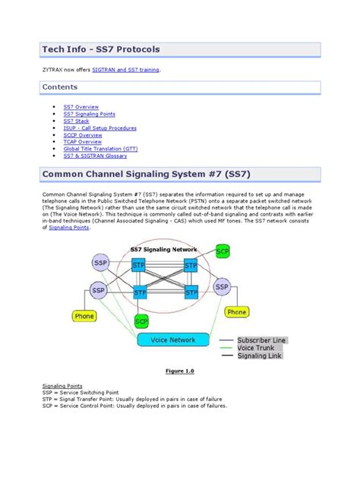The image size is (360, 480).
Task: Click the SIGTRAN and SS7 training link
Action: [x=126, y=69]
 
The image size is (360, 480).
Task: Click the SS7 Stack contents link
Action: [x=76, y=121]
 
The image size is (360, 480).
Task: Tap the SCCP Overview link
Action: [x=81, y=134]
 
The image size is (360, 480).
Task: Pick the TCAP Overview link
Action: [x=81, y=141]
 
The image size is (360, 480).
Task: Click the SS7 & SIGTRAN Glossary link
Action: [x=95, y=155]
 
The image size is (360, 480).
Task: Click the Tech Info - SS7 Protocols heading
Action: [x=101, y=50]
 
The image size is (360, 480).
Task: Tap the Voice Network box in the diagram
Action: [x=174, y=340]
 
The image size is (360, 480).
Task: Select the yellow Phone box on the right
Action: [x=237, y=312]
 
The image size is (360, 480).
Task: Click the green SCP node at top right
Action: [x=223, y=251]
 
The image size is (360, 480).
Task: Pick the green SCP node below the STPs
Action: [x=141, y=321]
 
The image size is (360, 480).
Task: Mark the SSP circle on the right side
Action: [x=221, y=287]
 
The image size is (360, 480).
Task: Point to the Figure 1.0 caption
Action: [x=180, y=371]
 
